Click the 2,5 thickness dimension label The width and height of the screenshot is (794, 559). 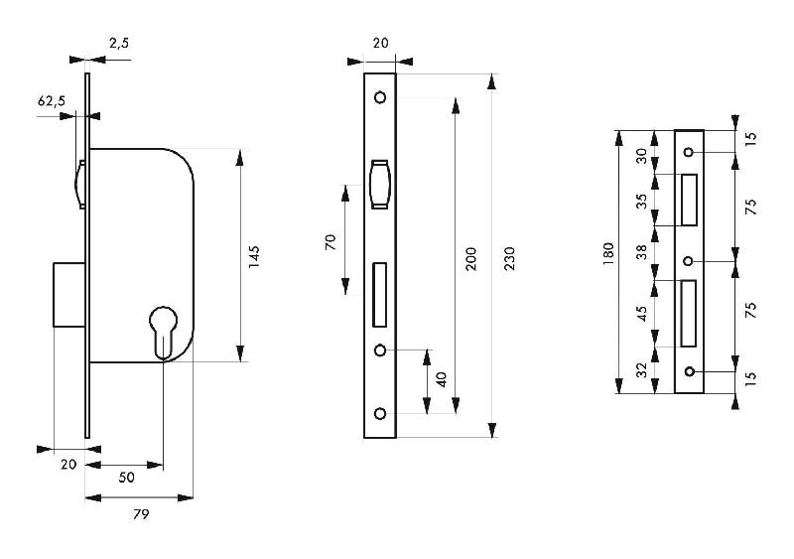[x=119, y=43]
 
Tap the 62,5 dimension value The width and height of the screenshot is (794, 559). [x=52, y=101]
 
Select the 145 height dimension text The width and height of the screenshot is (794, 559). [x=254, y=257]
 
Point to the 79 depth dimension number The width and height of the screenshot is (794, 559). [x=141, y=514]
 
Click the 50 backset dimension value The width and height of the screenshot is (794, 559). [x=127, y=478]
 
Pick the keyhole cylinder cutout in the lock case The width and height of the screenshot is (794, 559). [x=164, y=333]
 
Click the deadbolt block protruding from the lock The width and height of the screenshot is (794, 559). [x=69, y=294]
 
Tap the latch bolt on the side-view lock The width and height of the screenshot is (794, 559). [x=80, y=184]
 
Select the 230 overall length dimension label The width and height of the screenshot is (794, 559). [x=509, y=258]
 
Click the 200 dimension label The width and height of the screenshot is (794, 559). [x=470, y=259]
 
